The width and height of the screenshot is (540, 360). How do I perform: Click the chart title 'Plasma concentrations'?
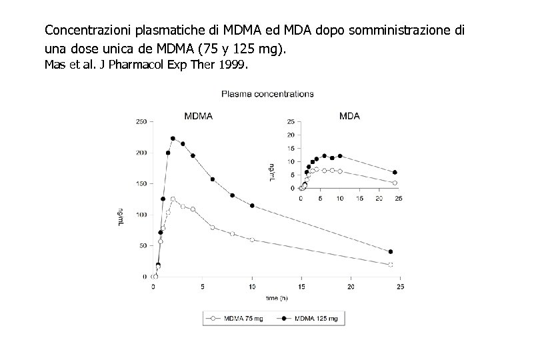point(268,94)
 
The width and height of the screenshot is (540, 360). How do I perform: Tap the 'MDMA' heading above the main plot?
point(198,116)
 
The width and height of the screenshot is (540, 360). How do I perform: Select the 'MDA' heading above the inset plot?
point(349,116)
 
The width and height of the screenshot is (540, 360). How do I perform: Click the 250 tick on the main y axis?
point(142,121)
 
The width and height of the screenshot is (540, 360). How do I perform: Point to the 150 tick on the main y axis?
point(142,183)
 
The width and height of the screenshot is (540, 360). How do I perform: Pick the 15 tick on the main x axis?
point(301,287)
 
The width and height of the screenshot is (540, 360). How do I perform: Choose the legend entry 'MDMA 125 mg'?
point(314,319)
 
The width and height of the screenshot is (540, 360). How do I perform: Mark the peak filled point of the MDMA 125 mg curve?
point(173,139)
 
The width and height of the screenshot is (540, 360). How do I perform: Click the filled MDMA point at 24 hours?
point(390,252)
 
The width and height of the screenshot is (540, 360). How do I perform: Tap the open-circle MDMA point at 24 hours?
point(390,265)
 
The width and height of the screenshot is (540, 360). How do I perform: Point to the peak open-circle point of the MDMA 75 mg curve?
point(173,199)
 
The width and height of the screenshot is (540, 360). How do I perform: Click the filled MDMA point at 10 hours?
point(252,205)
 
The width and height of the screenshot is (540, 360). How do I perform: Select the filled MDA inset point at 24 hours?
point(395,173)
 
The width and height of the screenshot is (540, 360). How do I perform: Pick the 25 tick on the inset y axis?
point(290,121)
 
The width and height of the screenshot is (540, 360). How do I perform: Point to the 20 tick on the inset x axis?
point(379,198)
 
